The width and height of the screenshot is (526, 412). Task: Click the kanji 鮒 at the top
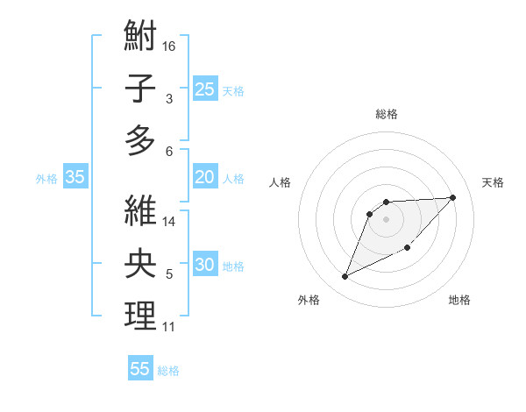[x=140, y=38]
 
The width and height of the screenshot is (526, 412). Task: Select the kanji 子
[x=140, y=88]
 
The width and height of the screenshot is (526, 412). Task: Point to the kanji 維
[x=140, y=212]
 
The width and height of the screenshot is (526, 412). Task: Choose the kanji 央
[x=140, y=263]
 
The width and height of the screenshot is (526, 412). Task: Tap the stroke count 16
[x=169, y=46]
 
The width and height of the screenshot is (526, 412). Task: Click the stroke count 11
[x=169, y=327]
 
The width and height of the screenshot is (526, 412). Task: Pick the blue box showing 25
[x=204, y=89]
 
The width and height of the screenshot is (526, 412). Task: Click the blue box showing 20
[x=204, y=177]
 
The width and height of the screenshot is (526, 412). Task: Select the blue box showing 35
[x=75, y=177]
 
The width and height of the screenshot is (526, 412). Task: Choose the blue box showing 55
[x=140, y=369]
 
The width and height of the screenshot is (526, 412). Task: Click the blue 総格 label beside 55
[x=169, y=371]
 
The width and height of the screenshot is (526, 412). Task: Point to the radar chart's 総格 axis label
[x=386, y=114]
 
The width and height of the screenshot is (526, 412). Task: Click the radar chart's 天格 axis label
[x=493, y=182]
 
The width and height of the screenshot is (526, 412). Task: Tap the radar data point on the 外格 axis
[x=345, y=277]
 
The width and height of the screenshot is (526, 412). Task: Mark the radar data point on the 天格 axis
[x=452, y=197]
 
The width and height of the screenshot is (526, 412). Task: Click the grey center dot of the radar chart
[x=386, y=219]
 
